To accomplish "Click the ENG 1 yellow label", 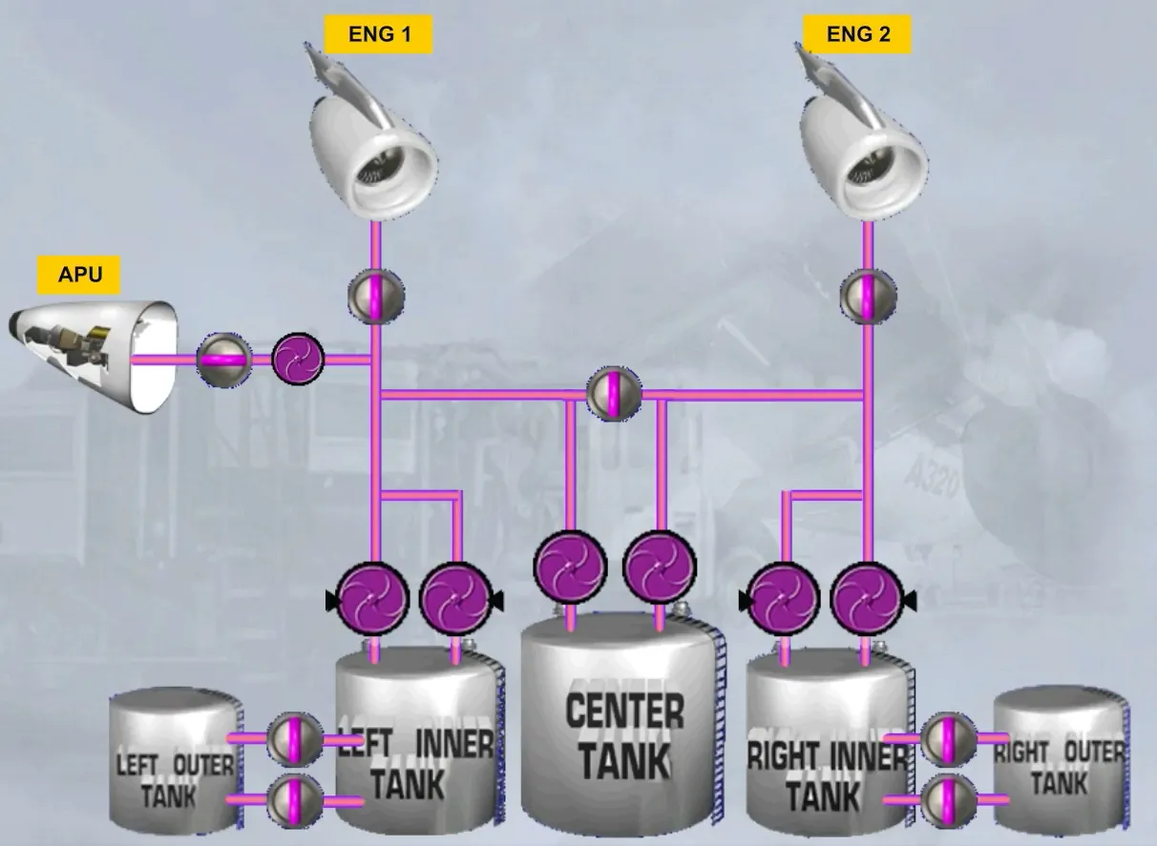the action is point(378,34).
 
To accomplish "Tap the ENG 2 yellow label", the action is point(857,34).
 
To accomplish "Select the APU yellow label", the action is point(78,275).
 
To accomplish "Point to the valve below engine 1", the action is point(376,297).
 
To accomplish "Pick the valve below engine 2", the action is point(868,297).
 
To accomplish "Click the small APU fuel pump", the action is point(298,359).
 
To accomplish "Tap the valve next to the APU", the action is point(224,360).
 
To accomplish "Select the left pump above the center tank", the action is point(570,567).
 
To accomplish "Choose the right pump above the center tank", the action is point(660,567).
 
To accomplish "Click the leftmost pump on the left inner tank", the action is point(372,599).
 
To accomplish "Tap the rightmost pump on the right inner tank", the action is point(869,599).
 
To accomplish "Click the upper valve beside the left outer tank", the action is point(294,739).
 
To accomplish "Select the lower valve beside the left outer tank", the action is point(294,800).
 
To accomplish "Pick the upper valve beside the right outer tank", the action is point(948,739).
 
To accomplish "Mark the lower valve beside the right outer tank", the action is point(948,800).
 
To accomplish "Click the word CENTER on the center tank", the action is point(625,711).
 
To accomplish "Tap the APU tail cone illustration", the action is point(93,356).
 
